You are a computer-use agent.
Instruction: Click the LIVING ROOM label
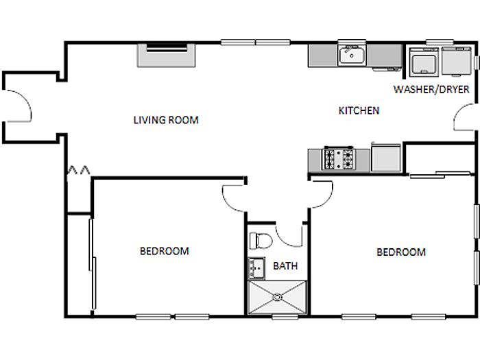click(x=166, y=120)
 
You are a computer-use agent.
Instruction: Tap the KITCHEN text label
click(x=359, y=110)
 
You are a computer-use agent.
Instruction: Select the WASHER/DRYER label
click(x=431, y=89)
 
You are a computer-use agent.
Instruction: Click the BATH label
click(x=285, y=266)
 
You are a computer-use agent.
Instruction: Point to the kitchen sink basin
click(x=352, y=56)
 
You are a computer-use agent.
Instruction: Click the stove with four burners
click(x=339, y=158)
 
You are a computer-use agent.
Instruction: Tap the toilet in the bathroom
click(x=261, y=241)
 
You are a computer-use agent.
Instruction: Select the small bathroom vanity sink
click(x=256, y=269)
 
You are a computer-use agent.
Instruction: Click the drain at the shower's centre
click(x=277, y=297)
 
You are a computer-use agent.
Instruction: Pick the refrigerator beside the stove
click(x=386, y=158)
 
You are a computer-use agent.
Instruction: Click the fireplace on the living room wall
click(x=166, y=56)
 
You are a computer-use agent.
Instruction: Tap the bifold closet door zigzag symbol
click(x=78, y=170)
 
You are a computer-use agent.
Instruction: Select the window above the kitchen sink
click(x=352, y=42)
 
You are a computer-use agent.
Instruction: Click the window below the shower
click(x=285, y=317)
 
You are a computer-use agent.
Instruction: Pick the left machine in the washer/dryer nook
click(x=424, y=62)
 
